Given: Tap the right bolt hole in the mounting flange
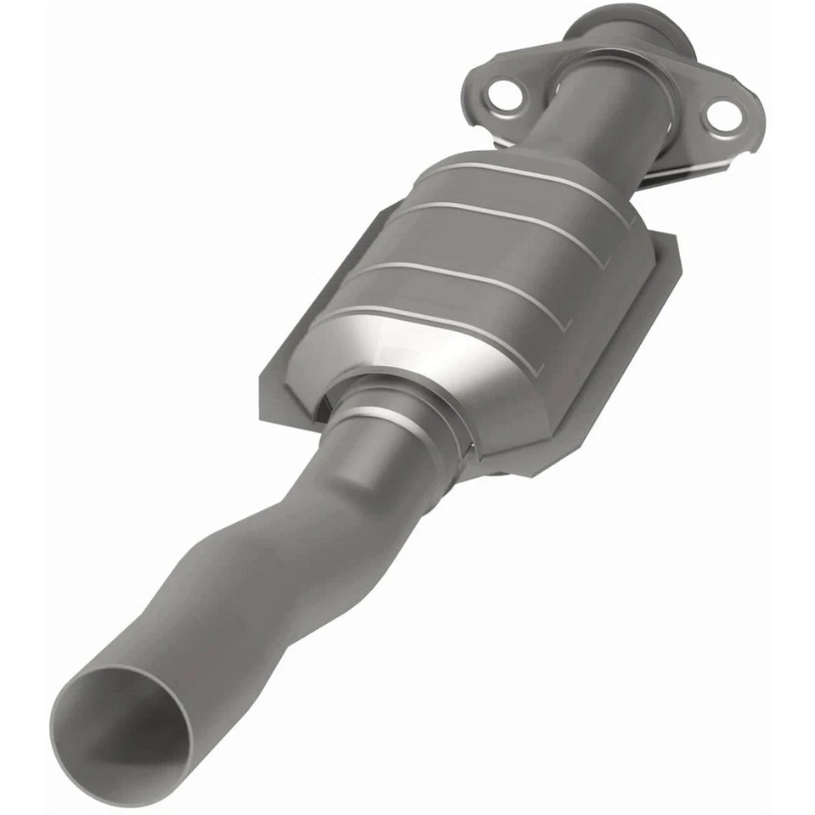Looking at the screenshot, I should click(722, 116).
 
